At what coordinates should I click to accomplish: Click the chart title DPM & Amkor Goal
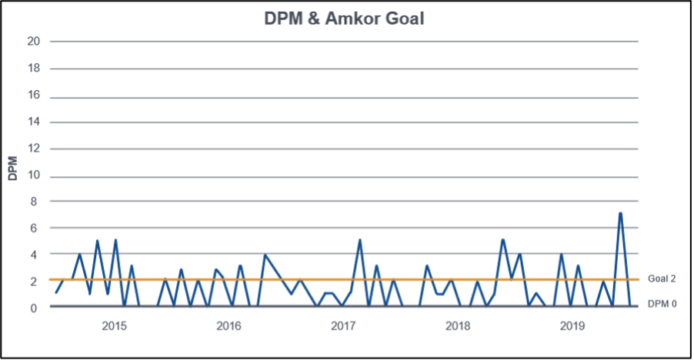(x=346, y=18)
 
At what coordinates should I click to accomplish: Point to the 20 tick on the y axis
(x=34, y=42)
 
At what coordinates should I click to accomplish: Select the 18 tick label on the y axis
(x=34, y=68)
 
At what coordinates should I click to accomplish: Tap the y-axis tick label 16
(x=34, y=95)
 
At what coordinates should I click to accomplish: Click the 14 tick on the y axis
(x=34, y=122)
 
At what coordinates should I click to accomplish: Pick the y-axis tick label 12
(x=34, y=149)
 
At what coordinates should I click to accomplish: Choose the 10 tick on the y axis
(x=34, y=176)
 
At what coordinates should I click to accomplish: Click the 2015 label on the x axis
(x=115, y=326)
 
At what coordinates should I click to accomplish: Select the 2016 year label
(x=229, y=326)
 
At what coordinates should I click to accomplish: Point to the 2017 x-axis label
(x=342, y=326)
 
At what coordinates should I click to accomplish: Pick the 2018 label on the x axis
(x=457, y=326)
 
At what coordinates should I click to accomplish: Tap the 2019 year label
(x=570, y=326)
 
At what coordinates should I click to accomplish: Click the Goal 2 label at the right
(x=661, y=278)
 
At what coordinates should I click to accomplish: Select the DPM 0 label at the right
(x=661, y=304)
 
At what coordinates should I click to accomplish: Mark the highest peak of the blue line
(x=620, y=213)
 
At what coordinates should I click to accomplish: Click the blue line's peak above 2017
(x=359, y=241)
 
